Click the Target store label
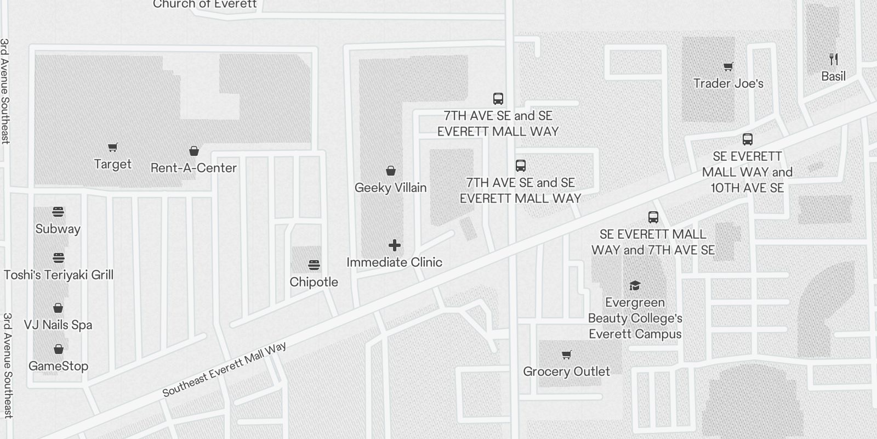point(112,164)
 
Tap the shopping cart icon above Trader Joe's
point(728,67)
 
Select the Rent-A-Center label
point(193,168)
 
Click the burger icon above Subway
point(58,212)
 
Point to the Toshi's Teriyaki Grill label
point(59,275)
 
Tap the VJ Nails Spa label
point(58,325)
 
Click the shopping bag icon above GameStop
point(58,349)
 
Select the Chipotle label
point(314,282)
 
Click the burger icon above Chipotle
point(314,266)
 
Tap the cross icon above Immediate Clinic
point(394,245)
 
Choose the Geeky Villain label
point(390,188)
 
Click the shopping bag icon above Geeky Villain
point(390,171)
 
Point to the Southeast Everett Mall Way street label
point(224,370)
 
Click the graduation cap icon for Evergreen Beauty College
point(635,285)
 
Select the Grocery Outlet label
point(566,372)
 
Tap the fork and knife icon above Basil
point(833,59)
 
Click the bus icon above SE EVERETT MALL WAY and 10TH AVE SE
point(747,139)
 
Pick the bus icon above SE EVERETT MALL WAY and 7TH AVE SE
point(653,217)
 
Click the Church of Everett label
point(204,4)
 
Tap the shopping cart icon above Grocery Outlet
point(566,355)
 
